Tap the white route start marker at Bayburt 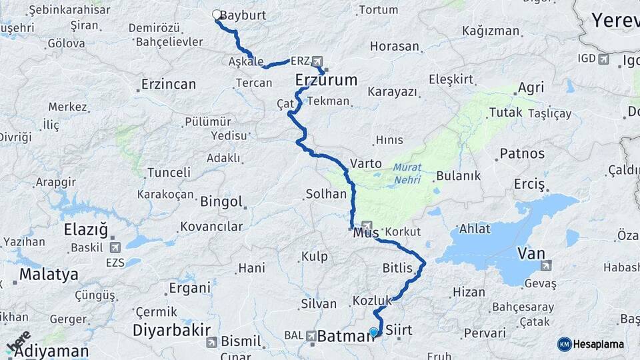(x=216, y=14)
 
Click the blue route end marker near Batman (x=373, y=332)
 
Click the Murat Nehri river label (x=407, y=173)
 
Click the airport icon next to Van (x=547, y=265)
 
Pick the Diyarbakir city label (x=172, y=330)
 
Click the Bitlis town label (x=398, y=268)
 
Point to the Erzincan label (x=169, y=85)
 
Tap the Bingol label (x=221, y=200)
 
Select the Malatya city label (x=49, y=274)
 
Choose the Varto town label (x=367, y=163)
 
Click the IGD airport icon (x=605, y=60)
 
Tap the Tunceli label (x=169, y=172)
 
